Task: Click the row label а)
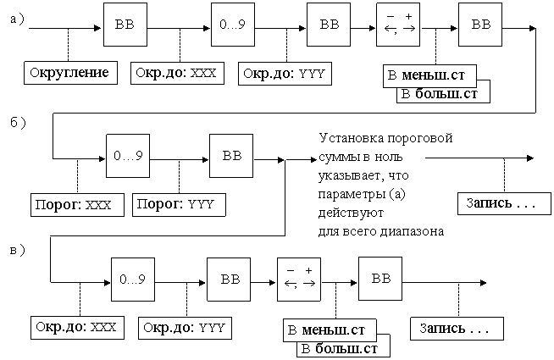17,19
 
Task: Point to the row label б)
18,123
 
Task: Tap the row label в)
17,250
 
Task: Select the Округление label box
70,73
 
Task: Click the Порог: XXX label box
77,205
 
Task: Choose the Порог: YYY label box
179,205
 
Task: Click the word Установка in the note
350,138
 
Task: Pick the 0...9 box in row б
128,156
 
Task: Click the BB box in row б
231,156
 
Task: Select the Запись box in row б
505,203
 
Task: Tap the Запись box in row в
457,329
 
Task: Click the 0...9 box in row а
233,25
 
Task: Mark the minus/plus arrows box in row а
398,25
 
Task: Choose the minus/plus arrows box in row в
299,279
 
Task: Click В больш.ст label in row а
443,94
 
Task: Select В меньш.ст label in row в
330,330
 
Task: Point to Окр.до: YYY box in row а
285,74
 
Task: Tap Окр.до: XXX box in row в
77,328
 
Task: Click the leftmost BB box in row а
125,25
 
